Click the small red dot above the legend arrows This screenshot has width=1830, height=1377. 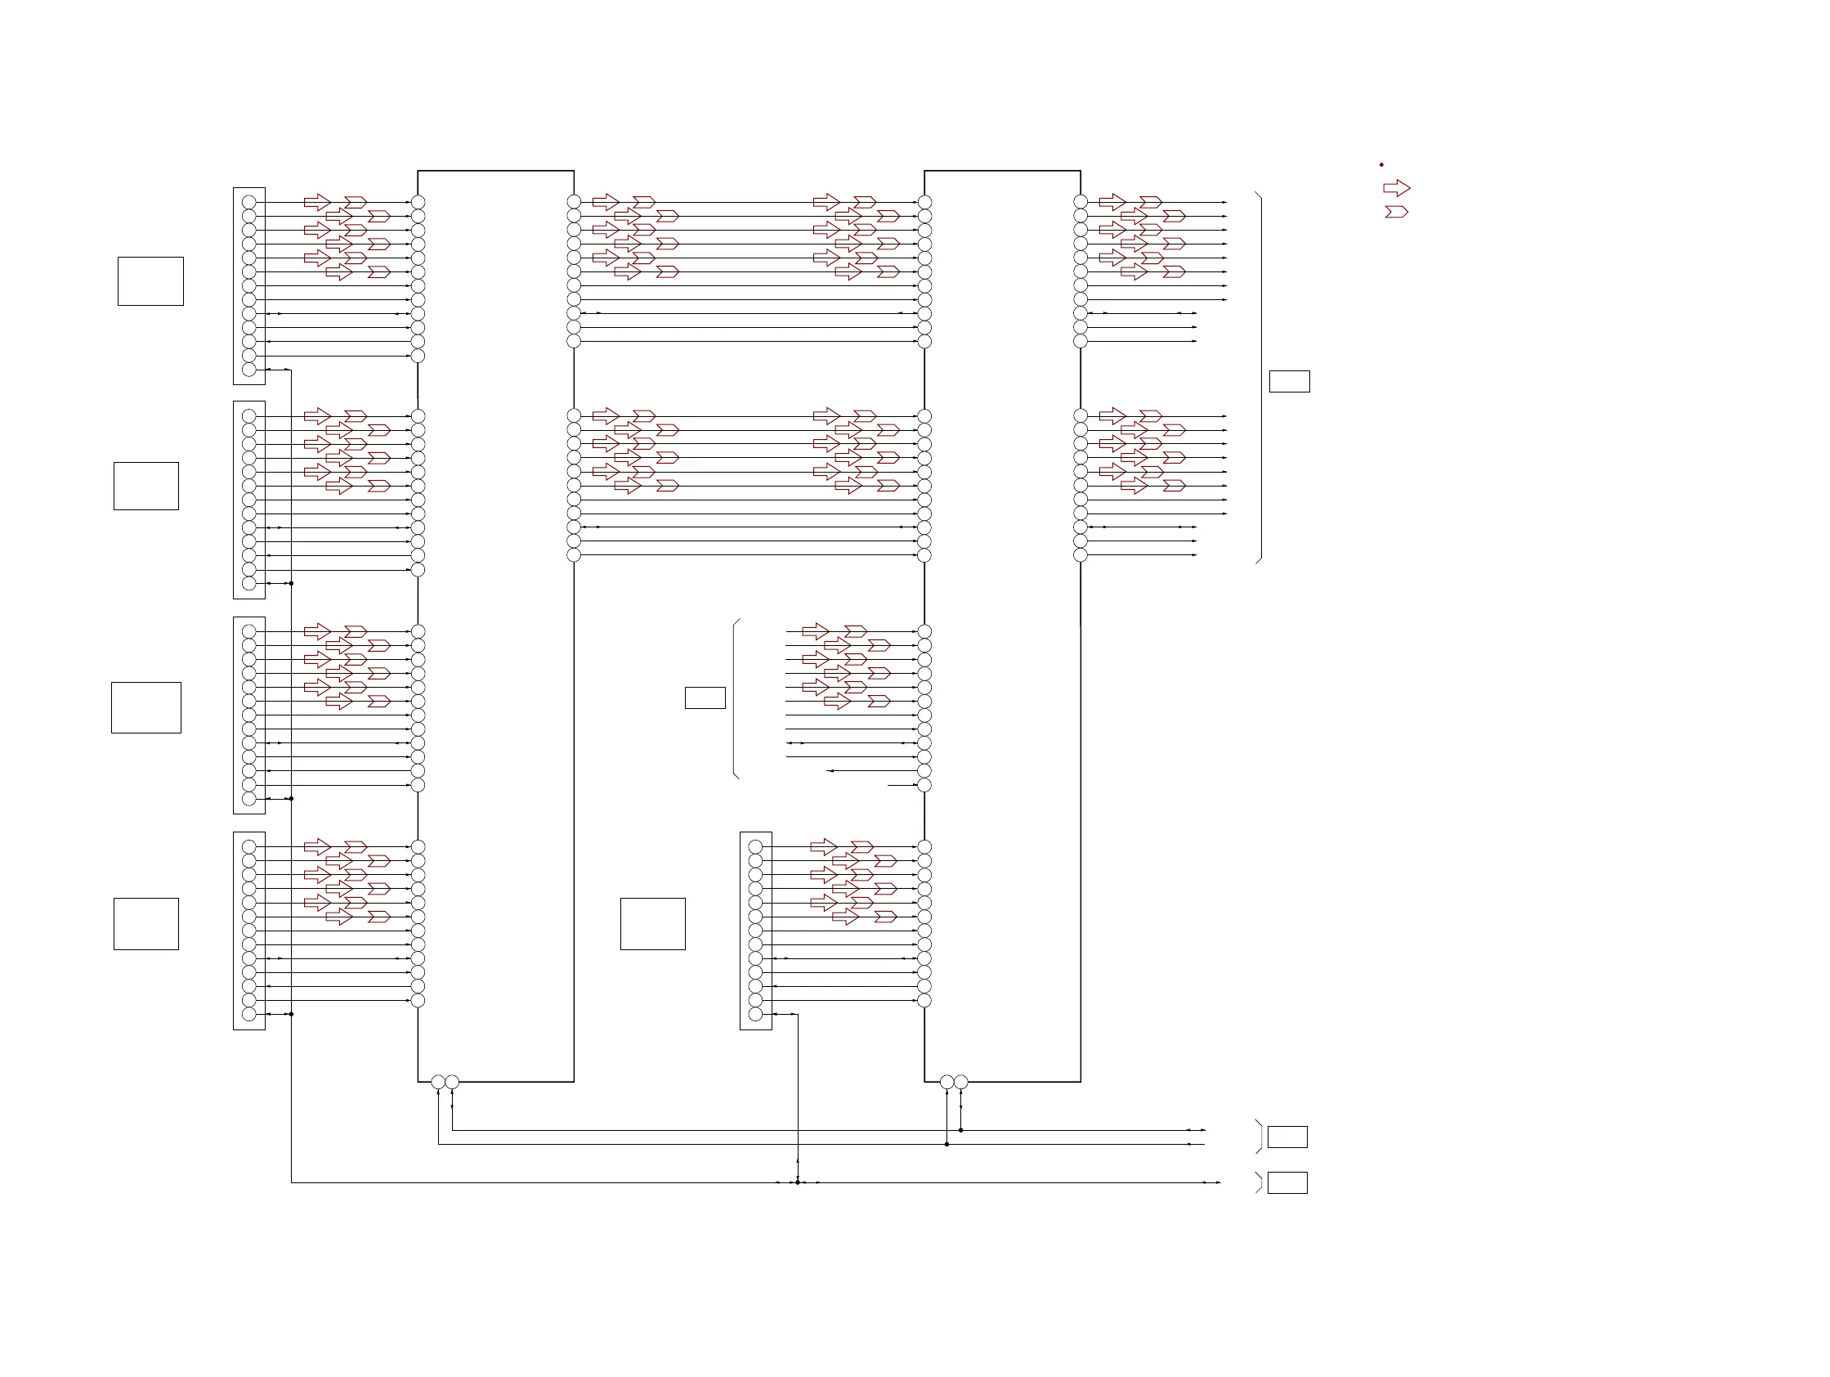(1380, 164)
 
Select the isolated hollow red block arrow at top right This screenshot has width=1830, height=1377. (1397, 189)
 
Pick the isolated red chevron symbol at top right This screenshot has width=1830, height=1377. (1397, 212)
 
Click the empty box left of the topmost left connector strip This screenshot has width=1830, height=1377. (150, 281)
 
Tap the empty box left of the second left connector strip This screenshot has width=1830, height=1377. (146, 486)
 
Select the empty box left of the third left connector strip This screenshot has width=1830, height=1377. (146, 707)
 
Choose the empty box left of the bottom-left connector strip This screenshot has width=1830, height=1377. (146, 923)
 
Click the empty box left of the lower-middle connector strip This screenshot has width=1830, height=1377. (653, 923)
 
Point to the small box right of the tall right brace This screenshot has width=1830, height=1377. (1289, 382)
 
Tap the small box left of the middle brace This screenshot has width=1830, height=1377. (705, 697)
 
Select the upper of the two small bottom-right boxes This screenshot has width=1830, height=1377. (1287, 1137)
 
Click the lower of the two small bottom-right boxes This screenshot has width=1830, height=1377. (1287, 1182)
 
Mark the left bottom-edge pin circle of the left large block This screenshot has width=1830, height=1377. (437, 1082)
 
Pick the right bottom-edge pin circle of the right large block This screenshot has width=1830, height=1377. (960, 1082)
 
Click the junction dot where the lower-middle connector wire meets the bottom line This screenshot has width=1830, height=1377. (798, 1182)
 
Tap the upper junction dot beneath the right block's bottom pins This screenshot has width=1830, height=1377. (960, 1129)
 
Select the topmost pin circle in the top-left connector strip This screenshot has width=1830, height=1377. (249, 202)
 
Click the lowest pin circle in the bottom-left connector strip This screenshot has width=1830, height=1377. (249, 1014)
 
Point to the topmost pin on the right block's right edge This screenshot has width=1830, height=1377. (1081, 202)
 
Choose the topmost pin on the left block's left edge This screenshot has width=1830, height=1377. (418, 202)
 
